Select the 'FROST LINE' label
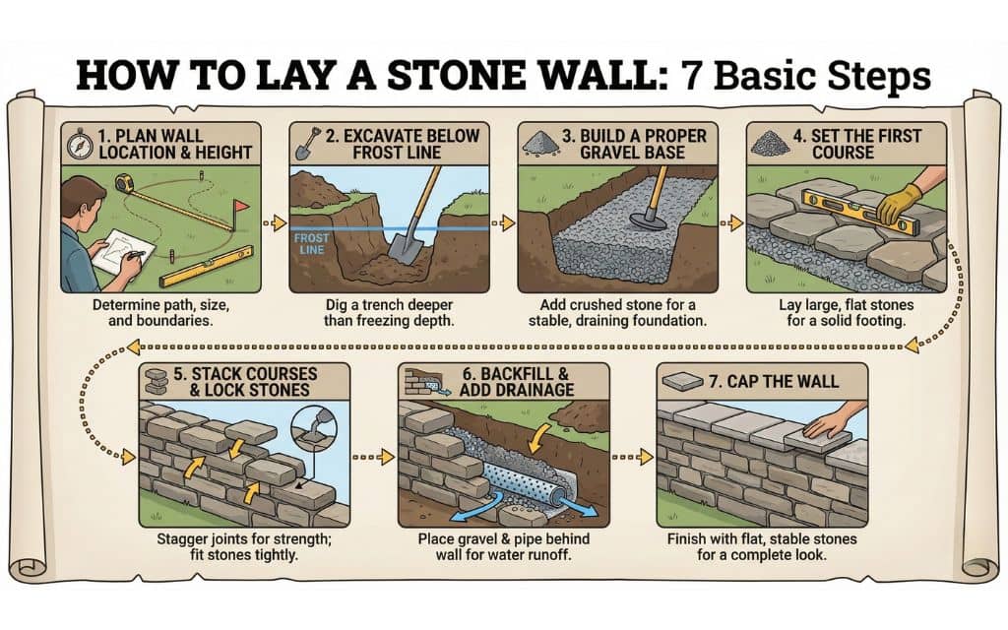coord(309,244)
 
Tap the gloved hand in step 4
coord(901,201)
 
